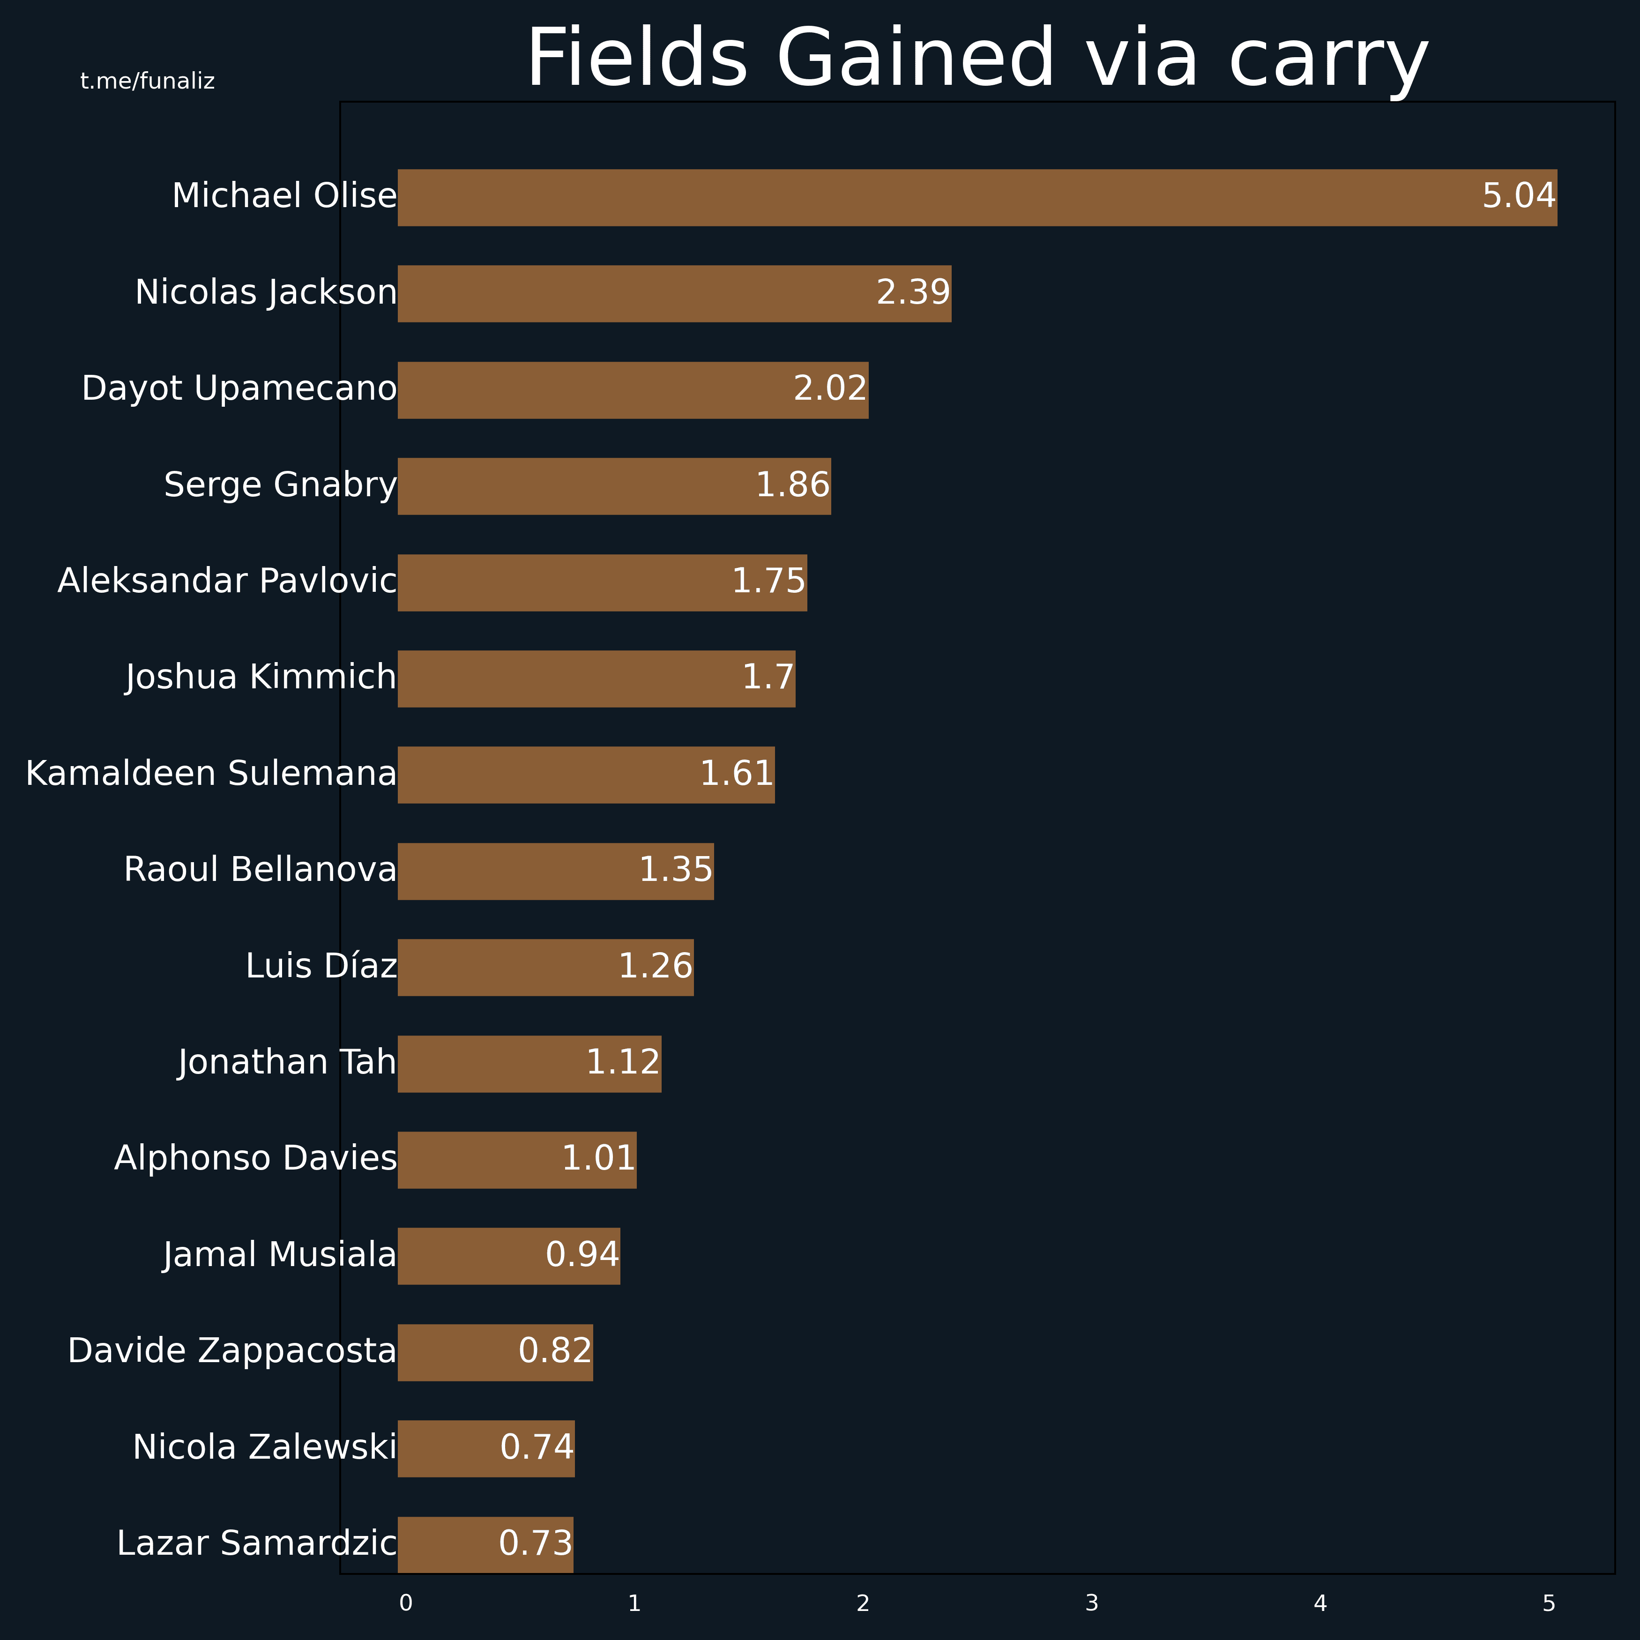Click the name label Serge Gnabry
(x=280, y=485)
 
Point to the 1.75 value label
(x=768, y=581)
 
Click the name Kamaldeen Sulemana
(x=211, y=774)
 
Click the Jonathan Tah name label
(x=287, y=1063)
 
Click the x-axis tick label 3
(x=1092, y=1603)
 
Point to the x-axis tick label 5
(x=1548, y=1603)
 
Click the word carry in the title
(x=1328, y=60)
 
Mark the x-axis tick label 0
(x=406, y=1603)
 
